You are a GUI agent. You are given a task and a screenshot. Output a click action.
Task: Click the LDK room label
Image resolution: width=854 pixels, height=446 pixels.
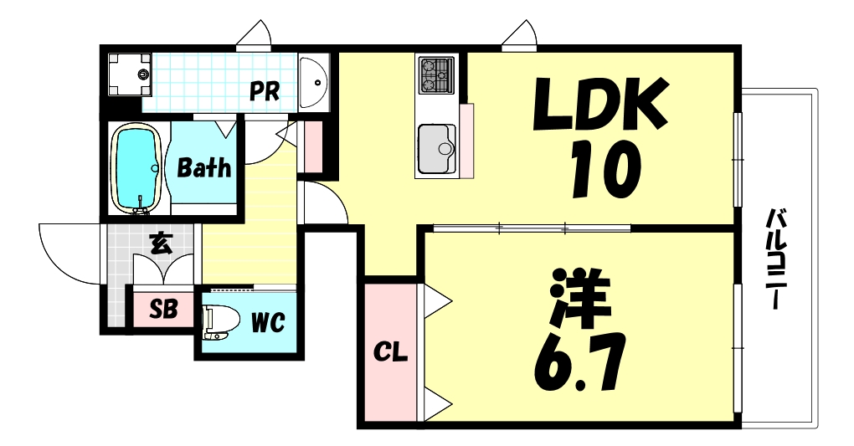pyautogui.click(x=601, y=103)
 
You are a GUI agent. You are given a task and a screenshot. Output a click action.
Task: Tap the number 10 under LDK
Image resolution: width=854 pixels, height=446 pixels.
pyautogui.click(x=604, y=169)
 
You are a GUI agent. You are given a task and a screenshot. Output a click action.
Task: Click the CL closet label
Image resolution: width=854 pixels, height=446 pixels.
pyautogui.click(x=390, y=354)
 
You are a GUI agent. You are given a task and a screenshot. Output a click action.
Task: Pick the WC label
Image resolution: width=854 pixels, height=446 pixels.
pyautogui.click(x=268, y=322)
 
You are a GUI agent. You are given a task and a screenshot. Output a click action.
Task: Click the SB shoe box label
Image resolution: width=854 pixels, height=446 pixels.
pyautogui.click(x=163, y=310)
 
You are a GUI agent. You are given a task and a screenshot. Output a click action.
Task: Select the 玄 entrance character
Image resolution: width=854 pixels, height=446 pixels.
pyautogui.click(x=162, y=244)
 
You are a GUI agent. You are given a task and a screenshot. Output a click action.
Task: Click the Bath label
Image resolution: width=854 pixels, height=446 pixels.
pyautogui.click(x=204, y=167)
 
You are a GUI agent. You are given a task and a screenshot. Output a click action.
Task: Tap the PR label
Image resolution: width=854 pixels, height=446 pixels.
pyautogui.click(x=265, y=91)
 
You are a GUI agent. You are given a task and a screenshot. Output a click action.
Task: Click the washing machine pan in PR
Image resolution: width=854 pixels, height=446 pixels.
pyautogui.click(x=129, y=74)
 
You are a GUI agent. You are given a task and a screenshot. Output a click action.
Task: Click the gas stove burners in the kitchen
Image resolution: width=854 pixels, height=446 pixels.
pyautogui.click(x=436, y=74)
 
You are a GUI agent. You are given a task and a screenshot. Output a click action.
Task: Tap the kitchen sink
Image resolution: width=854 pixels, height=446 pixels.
pyautogui.click(x=436, y=147)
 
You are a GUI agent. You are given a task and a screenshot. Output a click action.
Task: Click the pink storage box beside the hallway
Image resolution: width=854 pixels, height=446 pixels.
pyautogui.click(x=313, y=147)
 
